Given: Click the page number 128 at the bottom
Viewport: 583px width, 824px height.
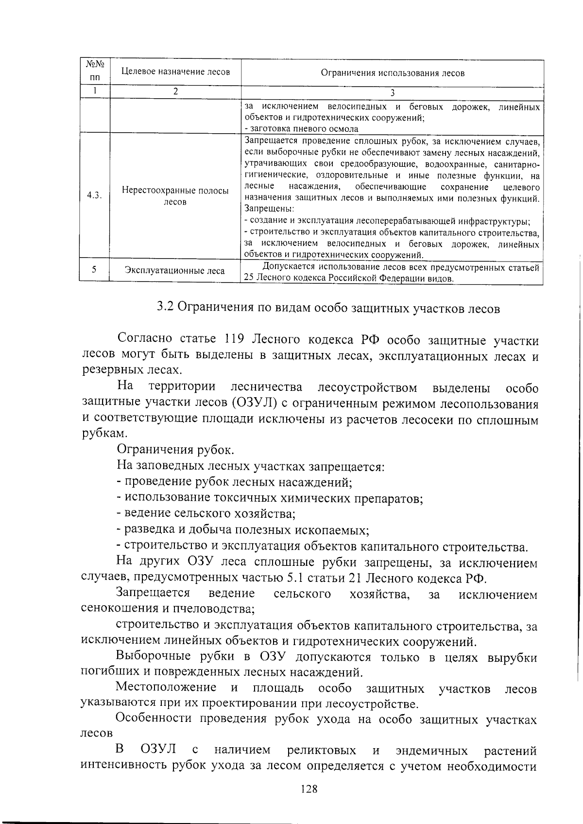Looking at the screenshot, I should [309, 789].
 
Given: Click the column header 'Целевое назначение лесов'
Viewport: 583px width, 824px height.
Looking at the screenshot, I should [175, 72].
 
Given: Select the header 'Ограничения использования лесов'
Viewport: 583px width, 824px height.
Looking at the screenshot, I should [392, 73].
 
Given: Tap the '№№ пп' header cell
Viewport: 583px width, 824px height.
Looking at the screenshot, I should [95, 70].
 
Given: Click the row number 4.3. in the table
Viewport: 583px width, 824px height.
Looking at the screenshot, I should [94, 195].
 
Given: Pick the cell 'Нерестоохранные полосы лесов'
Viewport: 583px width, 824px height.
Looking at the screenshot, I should [175, 196].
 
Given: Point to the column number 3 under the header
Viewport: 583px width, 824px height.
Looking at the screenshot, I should [392, 93].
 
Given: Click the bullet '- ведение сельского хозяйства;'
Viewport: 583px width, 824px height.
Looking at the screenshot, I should [206, 513].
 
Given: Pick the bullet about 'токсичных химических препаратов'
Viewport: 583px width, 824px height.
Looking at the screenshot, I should [270, 498].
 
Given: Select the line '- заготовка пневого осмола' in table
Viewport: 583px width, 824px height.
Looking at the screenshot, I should [301, 129].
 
